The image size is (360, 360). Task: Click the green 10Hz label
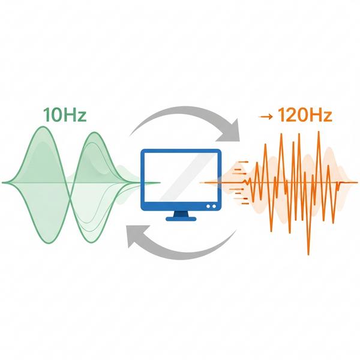pos(64,115)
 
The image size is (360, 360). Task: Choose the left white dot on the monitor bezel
pos(207,205)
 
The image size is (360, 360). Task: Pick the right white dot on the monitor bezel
pos(214,205)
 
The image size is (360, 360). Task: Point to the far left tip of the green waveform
pos(4,182)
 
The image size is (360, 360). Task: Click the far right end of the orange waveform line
pos(355,182)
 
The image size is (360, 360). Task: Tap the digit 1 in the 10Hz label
pos(46,115)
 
